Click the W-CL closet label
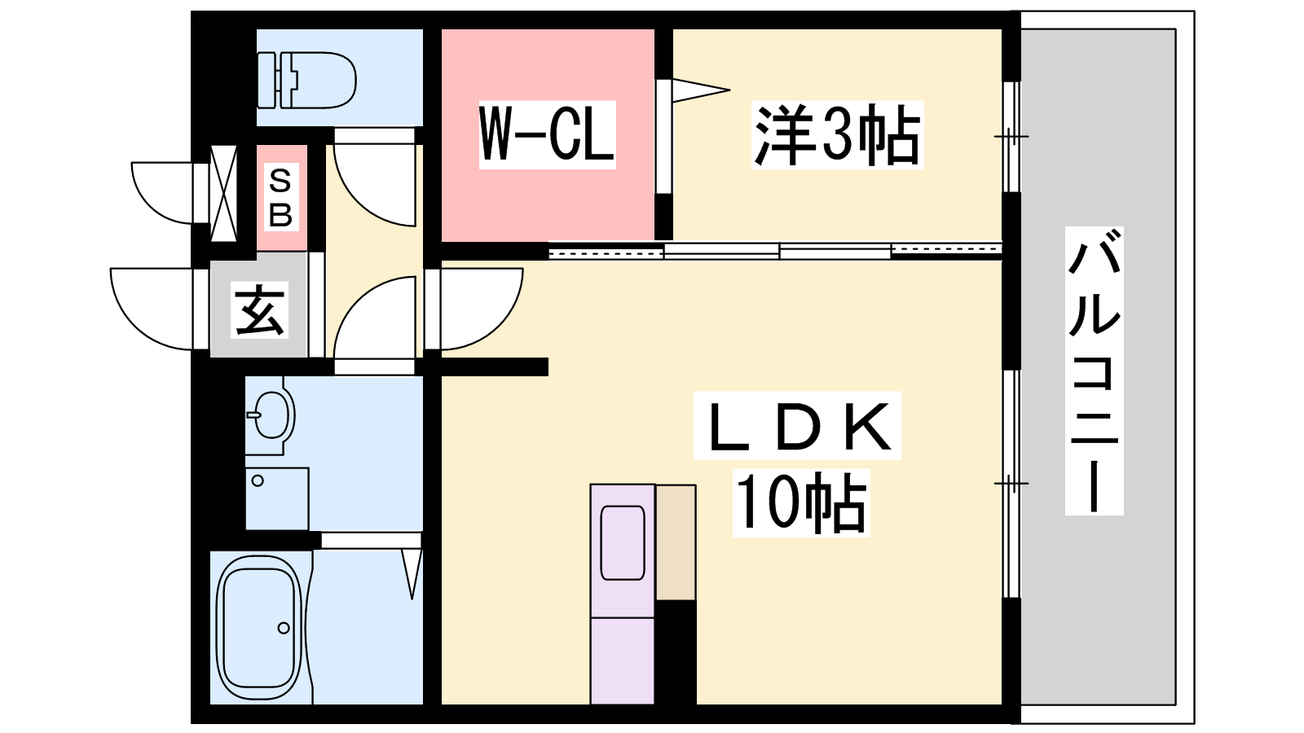tap(547, 135)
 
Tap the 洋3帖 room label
tap(836, 135)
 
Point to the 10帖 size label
tap(800, 503)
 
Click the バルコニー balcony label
tap(1094, 371)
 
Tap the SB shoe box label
tap(280, 198)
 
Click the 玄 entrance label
tap(260, 310)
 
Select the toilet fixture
tap(307, 80)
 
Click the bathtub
tap(259, 628)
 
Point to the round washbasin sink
tap(271, 415)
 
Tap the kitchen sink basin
tap(623, 542)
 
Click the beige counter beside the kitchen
tap(676, 542)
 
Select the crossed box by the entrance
tap(224, 193)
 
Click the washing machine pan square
tap(277, 498)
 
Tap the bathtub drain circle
tap(284, 628)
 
